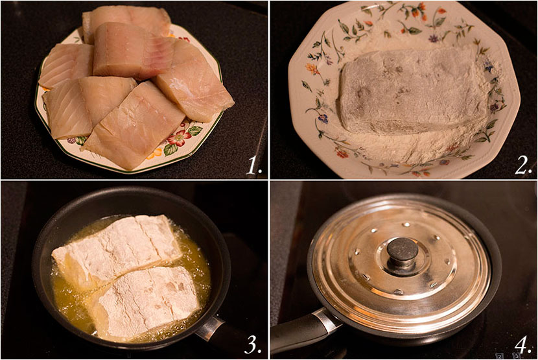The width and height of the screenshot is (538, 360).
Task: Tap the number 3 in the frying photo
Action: tap(253, 344)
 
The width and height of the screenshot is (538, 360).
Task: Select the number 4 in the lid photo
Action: tap(522, 344)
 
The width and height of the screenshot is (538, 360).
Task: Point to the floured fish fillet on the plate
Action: tap(412, 97)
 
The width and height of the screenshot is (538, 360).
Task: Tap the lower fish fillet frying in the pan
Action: tap(146, 298)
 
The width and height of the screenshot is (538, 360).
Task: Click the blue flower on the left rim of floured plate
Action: tap(323, 119)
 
